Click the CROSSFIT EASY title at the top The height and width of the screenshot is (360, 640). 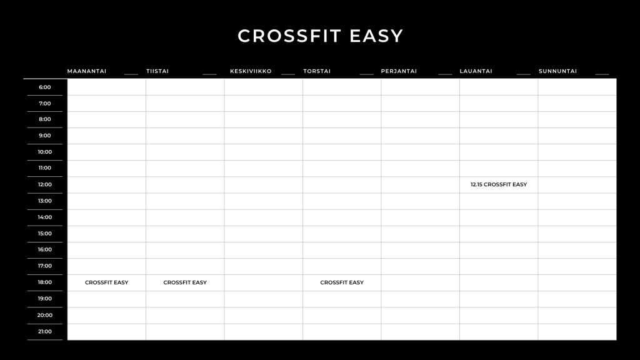(x=321, y=36)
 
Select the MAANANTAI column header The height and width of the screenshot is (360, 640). (x=86, y=71)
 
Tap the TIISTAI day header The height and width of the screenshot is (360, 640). (x=157, y=71)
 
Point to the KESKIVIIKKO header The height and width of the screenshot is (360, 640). (x=251, y=71)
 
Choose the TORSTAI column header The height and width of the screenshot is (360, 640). (x=317, y=71)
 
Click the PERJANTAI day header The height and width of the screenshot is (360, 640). (x=399, y=71)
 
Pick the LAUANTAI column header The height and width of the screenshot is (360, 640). (x=476, y=71)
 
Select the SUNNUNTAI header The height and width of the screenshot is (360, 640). (x=557, y=71)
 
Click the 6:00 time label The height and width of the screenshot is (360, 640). (x=45, y=87)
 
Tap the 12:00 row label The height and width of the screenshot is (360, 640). (x=45, y=184)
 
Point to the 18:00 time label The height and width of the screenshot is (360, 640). (x=45, y=282)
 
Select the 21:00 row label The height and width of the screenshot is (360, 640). (x=45, y=331)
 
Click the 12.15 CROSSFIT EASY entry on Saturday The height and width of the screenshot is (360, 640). (x=499, y=184)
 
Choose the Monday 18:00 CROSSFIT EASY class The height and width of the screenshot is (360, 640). (x=106, y=282)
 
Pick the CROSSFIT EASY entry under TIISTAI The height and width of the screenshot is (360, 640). (x=185, y=282)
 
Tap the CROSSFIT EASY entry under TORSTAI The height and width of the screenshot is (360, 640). (x=342, y=282)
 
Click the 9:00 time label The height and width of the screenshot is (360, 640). (x=45, y=136)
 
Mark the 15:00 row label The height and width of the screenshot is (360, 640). (x=45, y=234)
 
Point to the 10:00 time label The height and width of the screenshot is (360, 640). (x=45, y=152)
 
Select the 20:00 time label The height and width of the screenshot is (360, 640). (x=45, y=315)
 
